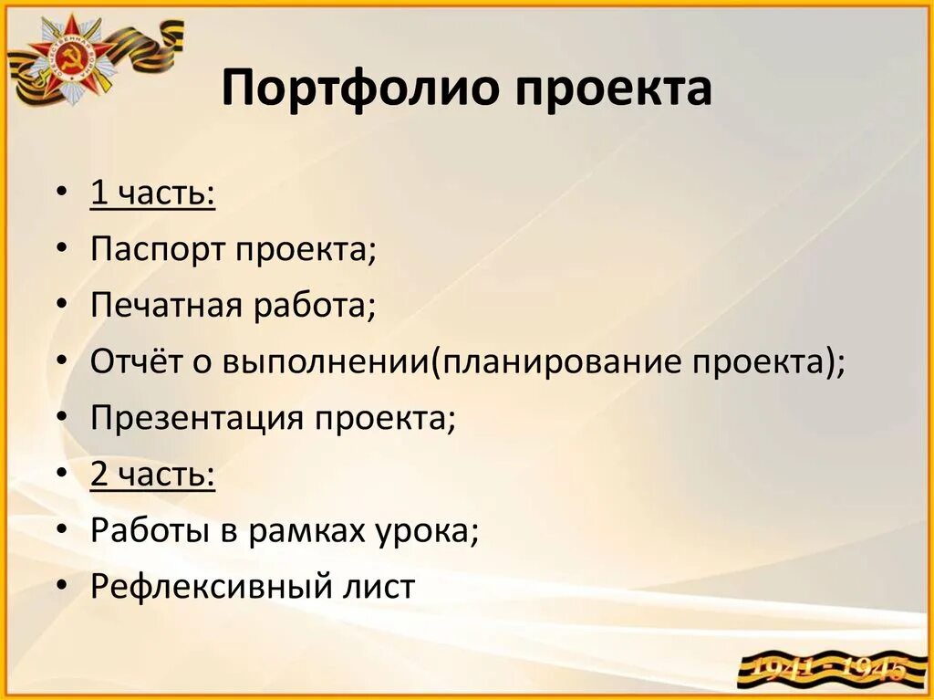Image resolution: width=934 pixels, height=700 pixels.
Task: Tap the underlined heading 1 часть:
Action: (152, 193)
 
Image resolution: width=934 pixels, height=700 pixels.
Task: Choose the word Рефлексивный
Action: (201, 587)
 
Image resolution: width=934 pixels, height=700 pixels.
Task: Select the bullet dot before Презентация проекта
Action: (61, 420)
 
